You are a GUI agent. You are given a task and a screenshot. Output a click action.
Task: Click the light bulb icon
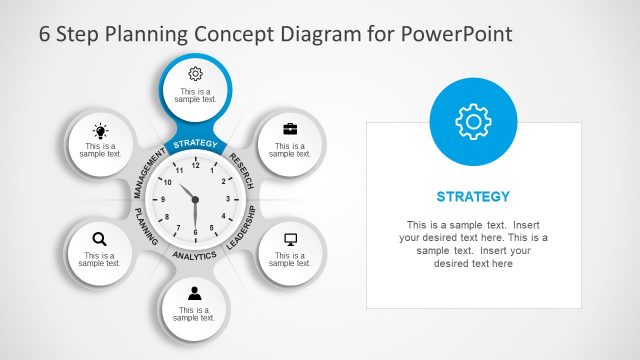[100, 130]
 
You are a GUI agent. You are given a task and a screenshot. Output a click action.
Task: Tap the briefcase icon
[290, 129]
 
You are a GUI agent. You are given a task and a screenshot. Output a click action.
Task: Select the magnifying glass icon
[99, 238]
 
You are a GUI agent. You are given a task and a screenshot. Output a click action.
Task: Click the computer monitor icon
[291, 239]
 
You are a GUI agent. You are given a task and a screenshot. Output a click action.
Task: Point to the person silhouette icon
[195, 293]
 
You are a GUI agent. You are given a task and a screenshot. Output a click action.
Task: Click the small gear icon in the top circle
[195, 73]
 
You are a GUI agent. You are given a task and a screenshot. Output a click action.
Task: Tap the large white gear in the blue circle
[473, 120]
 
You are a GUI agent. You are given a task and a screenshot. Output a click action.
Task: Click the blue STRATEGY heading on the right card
[474, 196]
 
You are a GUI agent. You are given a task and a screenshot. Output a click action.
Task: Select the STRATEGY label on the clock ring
[195, 145]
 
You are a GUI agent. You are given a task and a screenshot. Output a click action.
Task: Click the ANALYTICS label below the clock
[195, 256]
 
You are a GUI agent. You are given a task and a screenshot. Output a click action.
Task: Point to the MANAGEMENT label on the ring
[148, 172]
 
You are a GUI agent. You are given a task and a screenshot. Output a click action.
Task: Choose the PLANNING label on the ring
[147, 228]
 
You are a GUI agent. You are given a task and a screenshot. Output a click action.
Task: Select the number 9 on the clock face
[161, 200]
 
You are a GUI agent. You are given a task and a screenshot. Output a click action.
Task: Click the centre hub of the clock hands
[195, 200]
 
